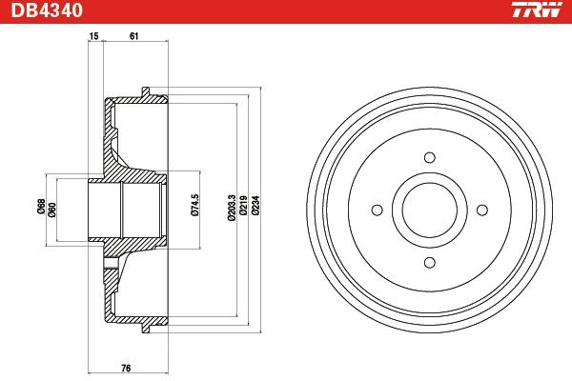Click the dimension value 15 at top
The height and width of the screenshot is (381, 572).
coord(93,36)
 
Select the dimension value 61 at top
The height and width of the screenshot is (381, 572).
coord(133,36)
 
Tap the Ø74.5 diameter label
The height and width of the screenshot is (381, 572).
coord(194,207)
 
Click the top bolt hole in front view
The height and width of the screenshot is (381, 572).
coord(429,157)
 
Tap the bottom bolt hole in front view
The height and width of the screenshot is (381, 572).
coord(429,262)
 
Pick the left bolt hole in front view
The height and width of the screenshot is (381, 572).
coord(377,210)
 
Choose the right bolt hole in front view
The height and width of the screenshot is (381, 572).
coord(481,210)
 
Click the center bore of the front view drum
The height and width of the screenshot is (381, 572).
coord(429,210)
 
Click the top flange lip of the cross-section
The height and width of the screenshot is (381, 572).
coord(146,91)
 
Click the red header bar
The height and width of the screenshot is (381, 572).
coord(286,10)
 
